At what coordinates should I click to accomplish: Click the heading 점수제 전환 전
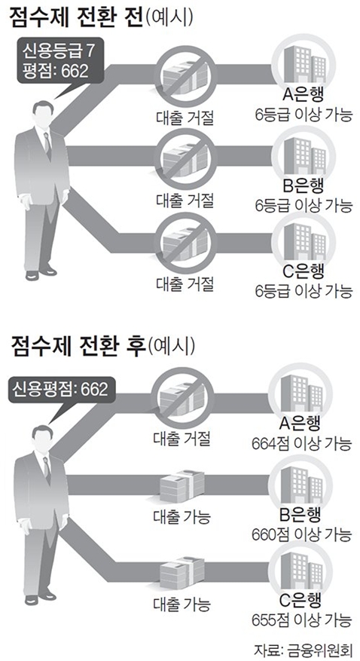73,19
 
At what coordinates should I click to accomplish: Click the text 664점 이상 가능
301,443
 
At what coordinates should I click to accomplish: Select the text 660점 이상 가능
301,535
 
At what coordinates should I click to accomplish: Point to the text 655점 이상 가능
301,620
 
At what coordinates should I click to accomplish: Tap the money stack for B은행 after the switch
182,485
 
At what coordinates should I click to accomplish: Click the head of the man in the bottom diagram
41,436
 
